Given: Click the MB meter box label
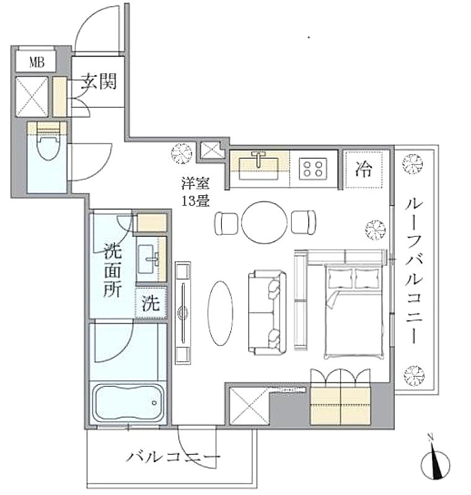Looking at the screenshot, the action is tap(37, 62).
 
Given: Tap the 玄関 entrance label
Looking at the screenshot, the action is tap(99, 81).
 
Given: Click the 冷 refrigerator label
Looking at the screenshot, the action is tap(363, 169).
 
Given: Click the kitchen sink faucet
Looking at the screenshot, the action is tap(258, 158).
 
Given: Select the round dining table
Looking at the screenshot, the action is tap(265, 222).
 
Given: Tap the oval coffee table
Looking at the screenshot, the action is tap(220, 313).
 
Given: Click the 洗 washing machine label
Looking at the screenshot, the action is tap(151, 304).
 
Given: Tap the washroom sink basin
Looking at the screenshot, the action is tap(149, 259).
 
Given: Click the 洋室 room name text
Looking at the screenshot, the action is tap(195, 183).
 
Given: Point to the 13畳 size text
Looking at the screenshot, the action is tap(196, 201).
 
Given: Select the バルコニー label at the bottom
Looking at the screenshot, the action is tap(173, 457).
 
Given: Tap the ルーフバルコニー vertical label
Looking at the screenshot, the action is tap(414, 271).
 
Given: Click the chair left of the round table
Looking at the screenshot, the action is tap(226, 224).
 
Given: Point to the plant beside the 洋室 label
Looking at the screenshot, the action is tap(182, 154).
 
